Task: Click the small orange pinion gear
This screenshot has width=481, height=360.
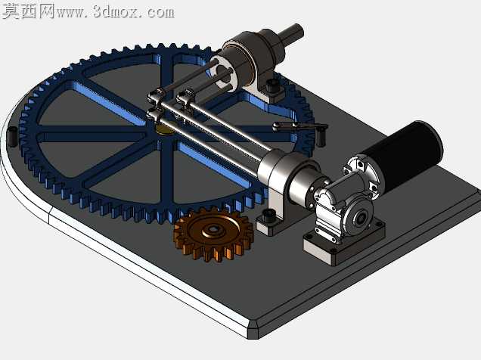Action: coord(214,234)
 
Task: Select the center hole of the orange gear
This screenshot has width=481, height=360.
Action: coord(212,228)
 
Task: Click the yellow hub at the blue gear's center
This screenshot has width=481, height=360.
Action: coord(163,129)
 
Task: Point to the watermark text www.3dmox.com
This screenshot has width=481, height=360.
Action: coord(116,12)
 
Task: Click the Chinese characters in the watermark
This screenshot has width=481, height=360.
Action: coord(29,11)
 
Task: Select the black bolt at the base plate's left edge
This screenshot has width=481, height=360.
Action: coord(13,136)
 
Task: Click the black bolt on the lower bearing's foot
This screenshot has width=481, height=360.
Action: coord(270,216)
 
